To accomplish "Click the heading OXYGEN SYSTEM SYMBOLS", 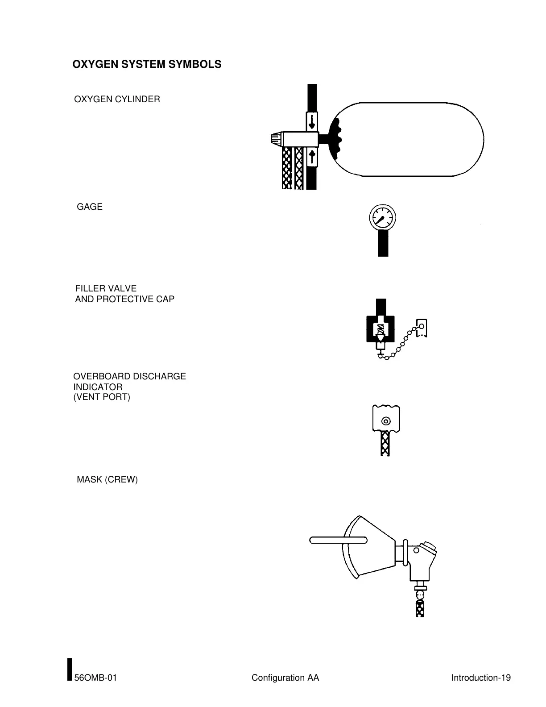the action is [147, 64].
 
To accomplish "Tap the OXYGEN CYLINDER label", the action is [117, 99].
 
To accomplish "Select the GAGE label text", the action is [90, 207].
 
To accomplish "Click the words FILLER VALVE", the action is [106, 288].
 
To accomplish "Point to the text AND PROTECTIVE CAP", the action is [124, 299].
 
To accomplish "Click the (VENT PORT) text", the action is [102, 397].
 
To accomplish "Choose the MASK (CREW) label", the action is [107, 479].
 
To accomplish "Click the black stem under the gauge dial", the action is [383, 243].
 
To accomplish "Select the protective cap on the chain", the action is [422, 328].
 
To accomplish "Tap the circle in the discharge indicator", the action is [386, 421].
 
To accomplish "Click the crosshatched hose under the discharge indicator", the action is [385, 444].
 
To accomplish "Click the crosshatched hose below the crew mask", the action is [419, 608].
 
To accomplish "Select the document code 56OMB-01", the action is [95, 678].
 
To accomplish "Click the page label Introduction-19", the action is [481, 678].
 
